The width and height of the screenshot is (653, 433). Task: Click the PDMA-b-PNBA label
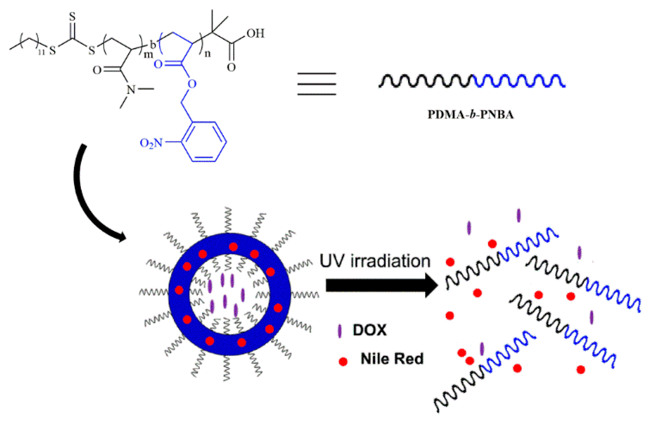(470, 114)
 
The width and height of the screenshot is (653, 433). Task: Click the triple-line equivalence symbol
(317, 84)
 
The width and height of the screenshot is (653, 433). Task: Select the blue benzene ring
(205, 141)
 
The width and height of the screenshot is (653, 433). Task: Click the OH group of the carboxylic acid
(255, 33)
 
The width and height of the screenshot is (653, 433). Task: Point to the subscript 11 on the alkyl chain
(41, 52)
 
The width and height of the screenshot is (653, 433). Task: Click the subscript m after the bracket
(148, 55)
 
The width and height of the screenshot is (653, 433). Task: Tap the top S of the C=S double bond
(72, 17)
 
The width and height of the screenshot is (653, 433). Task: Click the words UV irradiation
(375, 261)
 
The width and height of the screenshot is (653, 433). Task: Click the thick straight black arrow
(381, 285)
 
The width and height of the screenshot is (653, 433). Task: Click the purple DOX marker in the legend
(340, 331)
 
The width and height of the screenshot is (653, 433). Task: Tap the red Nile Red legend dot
(343, 361)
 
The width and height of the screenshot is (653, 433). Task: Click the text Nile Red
(392, 359)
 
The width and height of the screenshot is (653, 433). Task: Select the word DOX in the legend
(370, 330)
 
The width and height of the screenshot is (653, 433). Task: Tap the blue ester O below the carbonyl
(191, 84)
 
